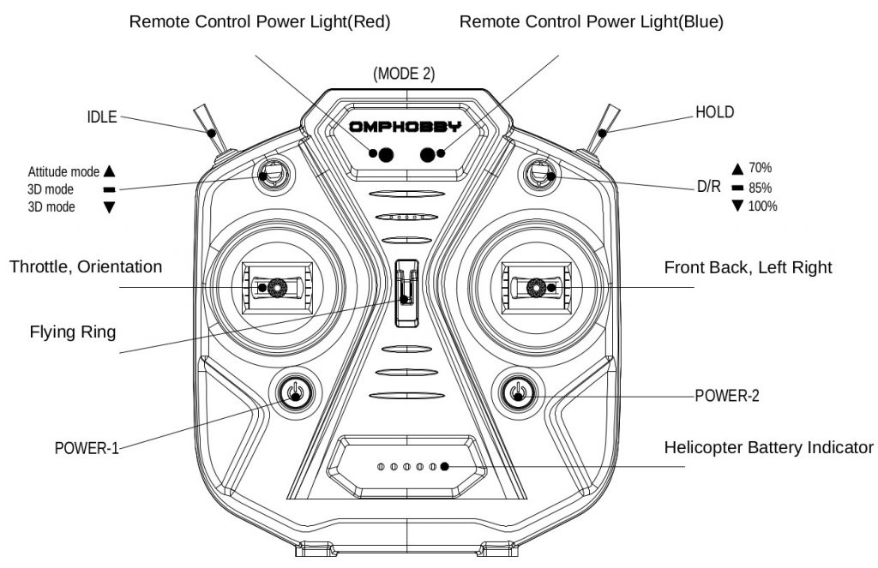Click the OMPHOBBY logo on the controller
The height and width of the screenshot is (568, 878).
[404, 127]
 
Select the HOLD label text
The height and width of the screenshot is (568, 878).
[714, 112]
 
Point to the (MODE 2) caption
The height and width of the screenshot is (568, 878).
[404, 74]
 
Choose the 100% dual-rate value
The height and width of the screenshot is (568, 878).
[762, 206]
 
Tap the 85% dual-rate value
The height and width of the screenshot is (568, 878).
[761, 188]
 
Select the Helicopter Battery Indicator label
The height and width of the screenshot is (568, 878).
[769, 447]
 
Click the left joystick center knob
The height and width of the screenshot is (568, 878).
[276, 286]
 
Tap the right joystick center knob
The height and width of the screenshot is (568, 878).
[536, 286]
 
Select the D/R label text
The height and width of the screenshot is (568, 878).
[708, 186]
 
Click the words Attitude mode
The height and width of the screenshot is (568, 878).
[63, 171]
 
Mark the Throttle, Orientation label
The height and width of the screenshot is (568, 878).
[86, 266]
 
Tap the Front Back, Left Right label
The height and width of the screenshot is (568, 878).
[748, 267]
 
